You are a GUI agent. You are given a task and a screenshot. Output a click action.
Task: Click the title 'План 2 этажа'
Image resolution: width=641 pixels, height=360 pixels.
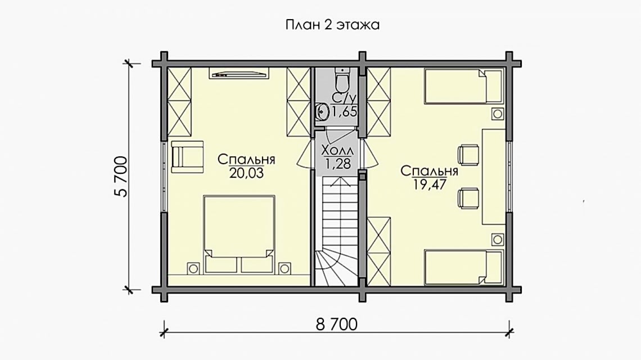point(332,25)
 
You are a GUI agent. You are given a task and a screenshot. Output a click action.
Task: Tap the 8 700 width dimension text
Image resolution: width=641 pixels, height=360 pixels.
point(336,325)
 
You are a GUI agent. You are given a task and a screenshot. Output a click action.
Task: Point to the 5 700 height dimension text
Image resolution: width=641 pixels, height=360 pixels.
point(121,176)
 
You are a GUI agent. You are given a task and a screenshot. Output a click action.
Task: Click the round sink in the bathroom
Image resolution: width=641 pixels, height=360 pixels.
point(323,111)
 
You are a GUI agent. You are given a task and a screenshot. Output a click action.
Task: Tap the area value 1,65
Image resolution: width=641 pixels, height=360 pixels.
point(344,111)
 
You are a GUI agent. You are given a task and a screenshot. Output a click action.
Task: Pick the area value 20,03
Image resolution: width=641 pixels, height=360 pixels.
point(246,173)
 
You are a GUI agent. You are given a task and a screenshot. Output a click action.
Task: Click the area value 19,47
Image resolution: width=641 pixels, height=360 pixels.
point(429,184)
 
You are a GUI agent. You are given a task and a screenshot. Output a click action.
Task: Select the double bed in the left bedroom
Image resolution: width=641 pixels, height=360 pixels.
point(239,234)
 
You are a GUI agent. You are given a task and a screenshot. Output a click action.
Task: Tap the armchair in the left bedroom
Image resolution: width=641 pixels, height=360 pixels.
point(187,157)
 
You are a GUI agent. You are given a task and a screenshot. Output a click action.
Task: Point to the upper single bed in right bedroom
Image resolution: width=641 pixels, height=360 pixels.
point(463,86)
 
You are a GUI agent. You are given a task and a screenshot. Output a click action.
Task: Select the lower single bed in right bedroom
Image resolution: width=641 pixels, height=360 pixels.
point(463,267)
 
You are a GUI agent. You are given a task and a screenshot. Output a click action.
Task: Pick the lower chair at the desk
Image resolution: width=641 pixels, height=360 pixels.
point(468,199)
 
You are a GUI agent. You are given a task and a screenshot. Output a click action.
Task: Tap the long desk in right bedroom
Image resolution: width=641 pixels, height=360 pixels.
point(494,176)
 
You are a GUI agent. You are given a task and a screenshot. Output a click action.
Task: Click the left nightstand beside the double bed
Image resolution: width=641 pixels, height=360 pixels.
point(193,268)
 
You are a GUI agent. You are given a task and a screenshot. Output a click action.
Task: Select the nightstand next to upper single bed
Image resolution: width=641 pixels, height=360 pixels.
point(497,114)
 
